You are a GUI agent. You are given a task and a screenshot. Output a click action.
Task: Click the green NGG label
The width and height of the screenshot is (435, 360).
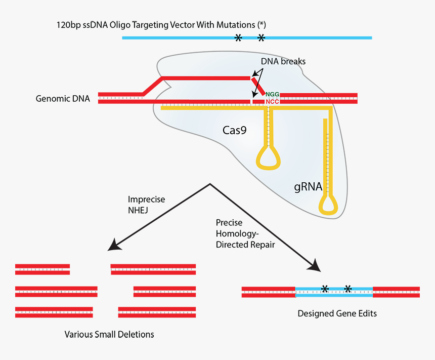click(273, 94)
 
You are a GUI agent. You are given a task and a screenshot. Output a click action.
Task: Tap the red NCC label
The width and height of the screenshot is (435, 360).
click(273, 101)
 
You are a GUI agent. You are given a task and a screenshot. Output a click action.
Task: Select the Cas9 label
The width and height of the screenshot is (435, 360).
click(235, 130)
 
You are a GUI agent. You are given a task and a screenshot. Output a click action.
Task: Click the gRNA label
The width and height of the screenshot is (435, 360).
click(308, 186)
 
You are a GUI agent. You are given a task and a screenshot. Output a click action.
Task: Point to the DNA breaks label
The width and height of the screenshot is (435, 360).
click(283, 61)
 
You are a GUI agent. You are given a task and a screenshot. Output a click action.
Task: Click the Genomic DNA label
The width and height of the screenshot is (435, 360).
click(63, 99)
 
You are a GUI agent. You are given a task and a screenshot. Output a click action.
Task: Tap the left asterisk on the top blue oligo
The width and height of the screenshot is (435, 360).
click(238, 37)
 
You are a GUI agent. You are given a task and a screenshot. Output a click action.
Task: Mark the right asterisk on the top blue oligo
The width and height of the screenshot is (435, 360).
click(262, 37)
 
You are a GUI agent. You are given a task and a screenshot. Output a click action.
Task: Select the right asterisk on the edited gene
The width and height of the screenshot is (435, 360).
click(348, 289)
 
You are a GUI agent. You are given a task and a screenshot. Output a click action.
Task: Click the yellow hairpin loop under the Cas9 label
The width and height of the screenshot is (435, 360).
click(268, 158)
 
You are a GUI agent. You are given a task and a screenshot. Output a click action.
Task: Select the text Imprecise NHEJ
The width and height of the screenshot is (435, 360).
click(146, 205)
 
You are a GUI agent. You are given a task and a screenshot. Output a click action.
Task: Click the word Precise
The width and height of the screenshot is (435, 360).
click(229, 223)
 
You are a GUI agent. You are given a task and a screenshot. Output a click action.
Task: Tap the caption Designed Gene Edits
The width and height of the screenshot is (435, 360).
click(337, 313)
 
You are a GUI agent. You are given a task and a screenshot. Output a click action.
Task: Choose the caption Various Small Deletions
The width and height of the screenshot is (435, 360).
click(109, 334)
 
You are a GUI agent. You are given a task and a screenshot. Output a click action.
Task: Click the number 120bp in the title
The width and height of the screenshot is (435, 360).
click(68, 25)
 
